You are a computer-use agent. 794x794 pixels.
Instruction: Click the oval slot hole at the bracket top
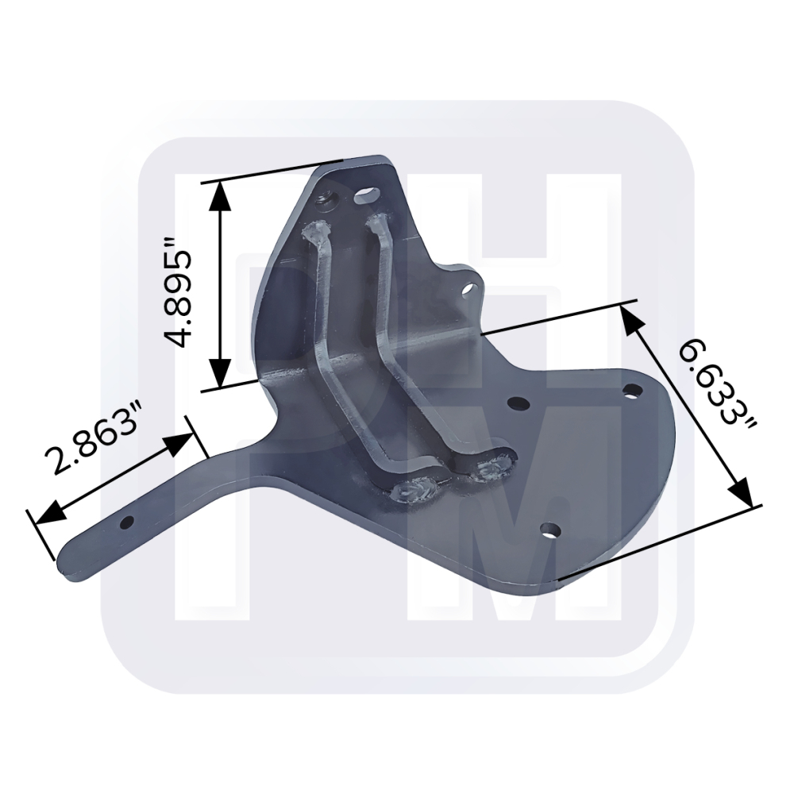click(369, 195)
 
